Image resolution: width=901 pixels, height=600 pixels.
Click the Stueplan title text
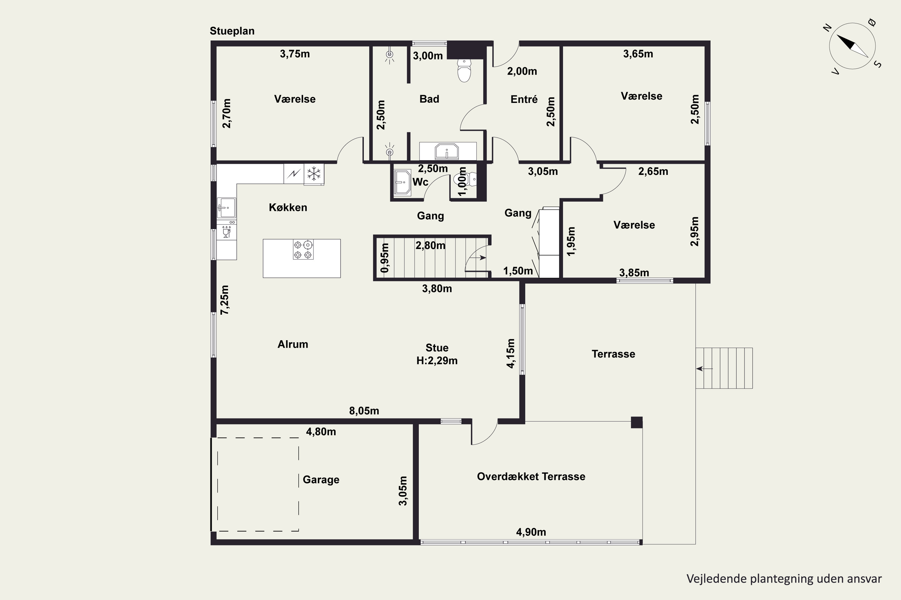click(x=232, y=31)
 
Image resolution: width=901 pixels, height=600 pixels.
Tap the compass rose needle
click(x=852, y=46)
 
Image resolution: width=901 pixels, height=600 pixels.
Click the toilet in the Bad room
click(x=464, y=70)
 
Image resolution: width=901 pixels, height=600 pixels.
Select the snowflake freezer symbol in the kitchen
click(x=314, y=174)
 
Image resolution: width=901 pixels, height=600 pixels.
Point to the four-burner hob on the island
click(x=303, y=250)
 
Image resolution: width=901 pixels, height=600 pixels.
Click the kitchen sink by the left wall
click(x=226, y=208)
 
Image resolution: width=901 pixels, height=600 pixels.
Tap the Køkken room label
click(x=288, y=207)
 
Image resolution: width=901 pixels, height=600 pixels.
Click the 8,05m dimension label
click(x=364, y=411)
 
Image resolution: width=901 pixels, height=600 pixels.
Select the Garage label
click(x=321, y=480)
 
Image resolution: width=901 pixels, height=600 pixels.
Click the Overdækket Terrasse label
click(x=531, y=476)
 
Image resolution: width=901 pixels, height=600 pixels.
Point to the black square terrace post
click(x=637, y=422)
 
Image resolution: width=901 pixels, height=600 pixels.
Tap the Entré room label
click(x=524, y=100)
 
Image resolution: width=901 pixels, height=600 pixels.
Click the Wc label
click(x=420, y=182)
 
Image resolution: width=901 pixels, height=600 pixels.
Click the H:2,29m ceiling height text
click(x=437, y=361)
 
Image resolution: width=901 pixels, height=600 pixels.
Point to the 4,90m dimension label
click(x=531, y=532)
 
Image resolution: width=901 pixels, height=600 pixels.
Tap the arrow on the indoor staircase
click(x=478, y=258)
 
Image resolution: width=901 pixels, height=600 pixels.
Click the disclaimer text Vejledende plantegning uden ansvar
click(x=784, y=579)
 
